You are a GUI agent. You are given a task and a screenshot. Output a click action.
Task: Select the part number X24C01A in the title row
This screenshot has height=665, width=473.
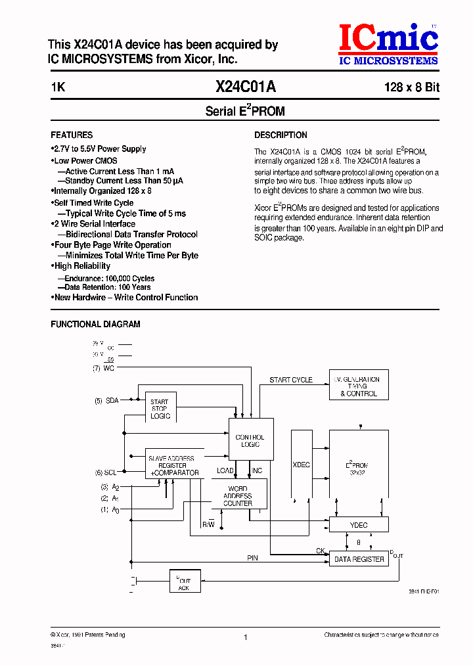click(x=245, y=87)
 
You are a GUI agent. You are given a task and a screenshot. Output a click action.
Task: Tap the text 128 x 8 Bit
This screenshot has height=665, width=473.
click(x=412, y=87)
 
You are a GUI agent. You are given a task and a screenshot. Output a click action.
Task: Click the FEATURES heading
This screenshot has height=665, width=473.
click(x=72, y=135)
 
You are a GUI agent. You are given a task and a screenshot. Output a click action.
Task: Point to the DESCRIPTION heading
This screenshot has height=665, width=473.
click(x=281, y=135)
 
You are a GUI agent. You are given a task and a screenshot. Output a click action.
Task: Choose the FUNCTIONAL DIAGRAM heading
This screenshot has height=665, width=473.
click(x=95, y=324)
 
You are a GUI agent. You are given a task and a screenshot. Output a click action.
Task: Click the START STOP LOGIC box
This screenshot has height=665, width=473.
click(x=160, y=409)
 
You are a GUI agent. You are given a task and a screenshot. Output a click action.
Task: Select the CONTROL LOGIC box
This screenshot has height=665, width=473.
click(x=250, y=440)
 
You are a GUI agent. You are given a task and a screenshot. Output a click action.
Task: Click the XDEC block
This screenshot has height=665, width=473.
click(x=301, y=465)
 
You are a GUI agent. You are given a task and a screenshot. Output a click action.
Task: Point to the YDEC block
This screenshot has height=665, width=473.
click(x=359, y=524)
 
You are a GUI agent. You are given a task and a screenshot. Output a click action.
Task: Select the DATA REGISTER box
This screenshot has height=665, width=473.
click(x=359, y=559)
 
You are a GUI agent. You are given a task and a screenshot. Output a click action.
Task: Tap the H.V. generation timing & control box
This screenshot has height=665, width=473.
click(x=359, y=387)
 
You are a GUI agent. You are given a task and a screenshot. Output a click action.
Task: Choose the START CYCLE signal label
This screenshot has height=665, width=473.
click(x=291, y=380)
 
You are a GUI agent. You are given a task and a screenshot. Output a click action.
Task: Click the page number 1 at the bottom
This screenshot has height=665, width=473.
click(x=245, y=637)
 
